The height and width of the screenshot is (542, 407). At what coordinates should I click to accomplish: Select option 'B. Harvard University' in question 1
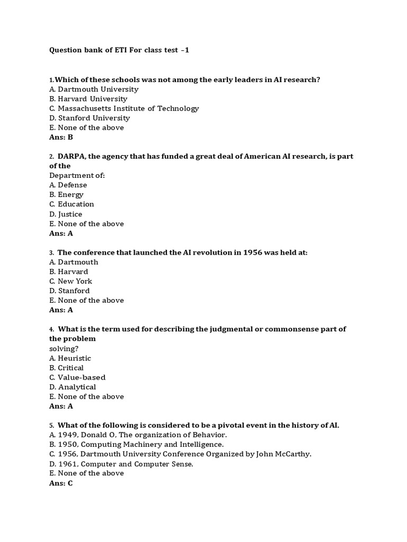click(89, 99)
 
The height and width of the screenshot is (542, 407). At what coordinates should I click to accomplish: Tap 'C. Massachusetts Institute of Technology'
click(124, 109)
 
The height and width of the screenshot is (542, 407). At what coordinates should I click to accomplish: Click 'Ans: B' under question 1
click(61, 137)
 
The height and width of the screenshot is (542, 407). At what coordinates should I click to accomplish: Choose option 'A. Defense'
click(68, 185)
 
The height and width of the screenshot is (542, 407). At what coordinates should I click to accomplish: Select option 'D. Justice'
click(66, 214)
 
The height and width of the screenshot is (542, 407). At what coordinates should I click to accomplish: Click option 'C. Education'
click(72, 204)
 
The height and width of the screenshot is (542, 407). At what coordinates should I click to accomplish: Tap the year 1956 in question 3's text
click(252, 252)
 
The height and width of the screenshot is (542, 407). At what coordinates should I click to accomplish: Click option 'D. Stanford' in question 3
click(69, 291)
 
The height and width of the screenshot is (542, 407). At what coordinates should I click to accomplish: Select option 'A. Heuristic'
click(70, 358)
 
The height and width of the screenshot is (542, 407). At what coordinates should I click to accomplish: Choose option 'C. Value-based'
click(77, 377)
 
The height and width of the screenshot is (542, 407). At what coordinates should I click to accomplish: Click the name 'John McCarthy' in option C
click(285, 454)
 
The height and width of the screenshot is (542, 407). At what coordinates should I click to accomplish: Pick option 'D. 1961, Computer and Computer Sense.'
click(121, 464)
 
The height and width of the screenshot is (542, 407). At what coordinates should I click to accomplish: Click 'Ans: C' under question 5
click(61, 483)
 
